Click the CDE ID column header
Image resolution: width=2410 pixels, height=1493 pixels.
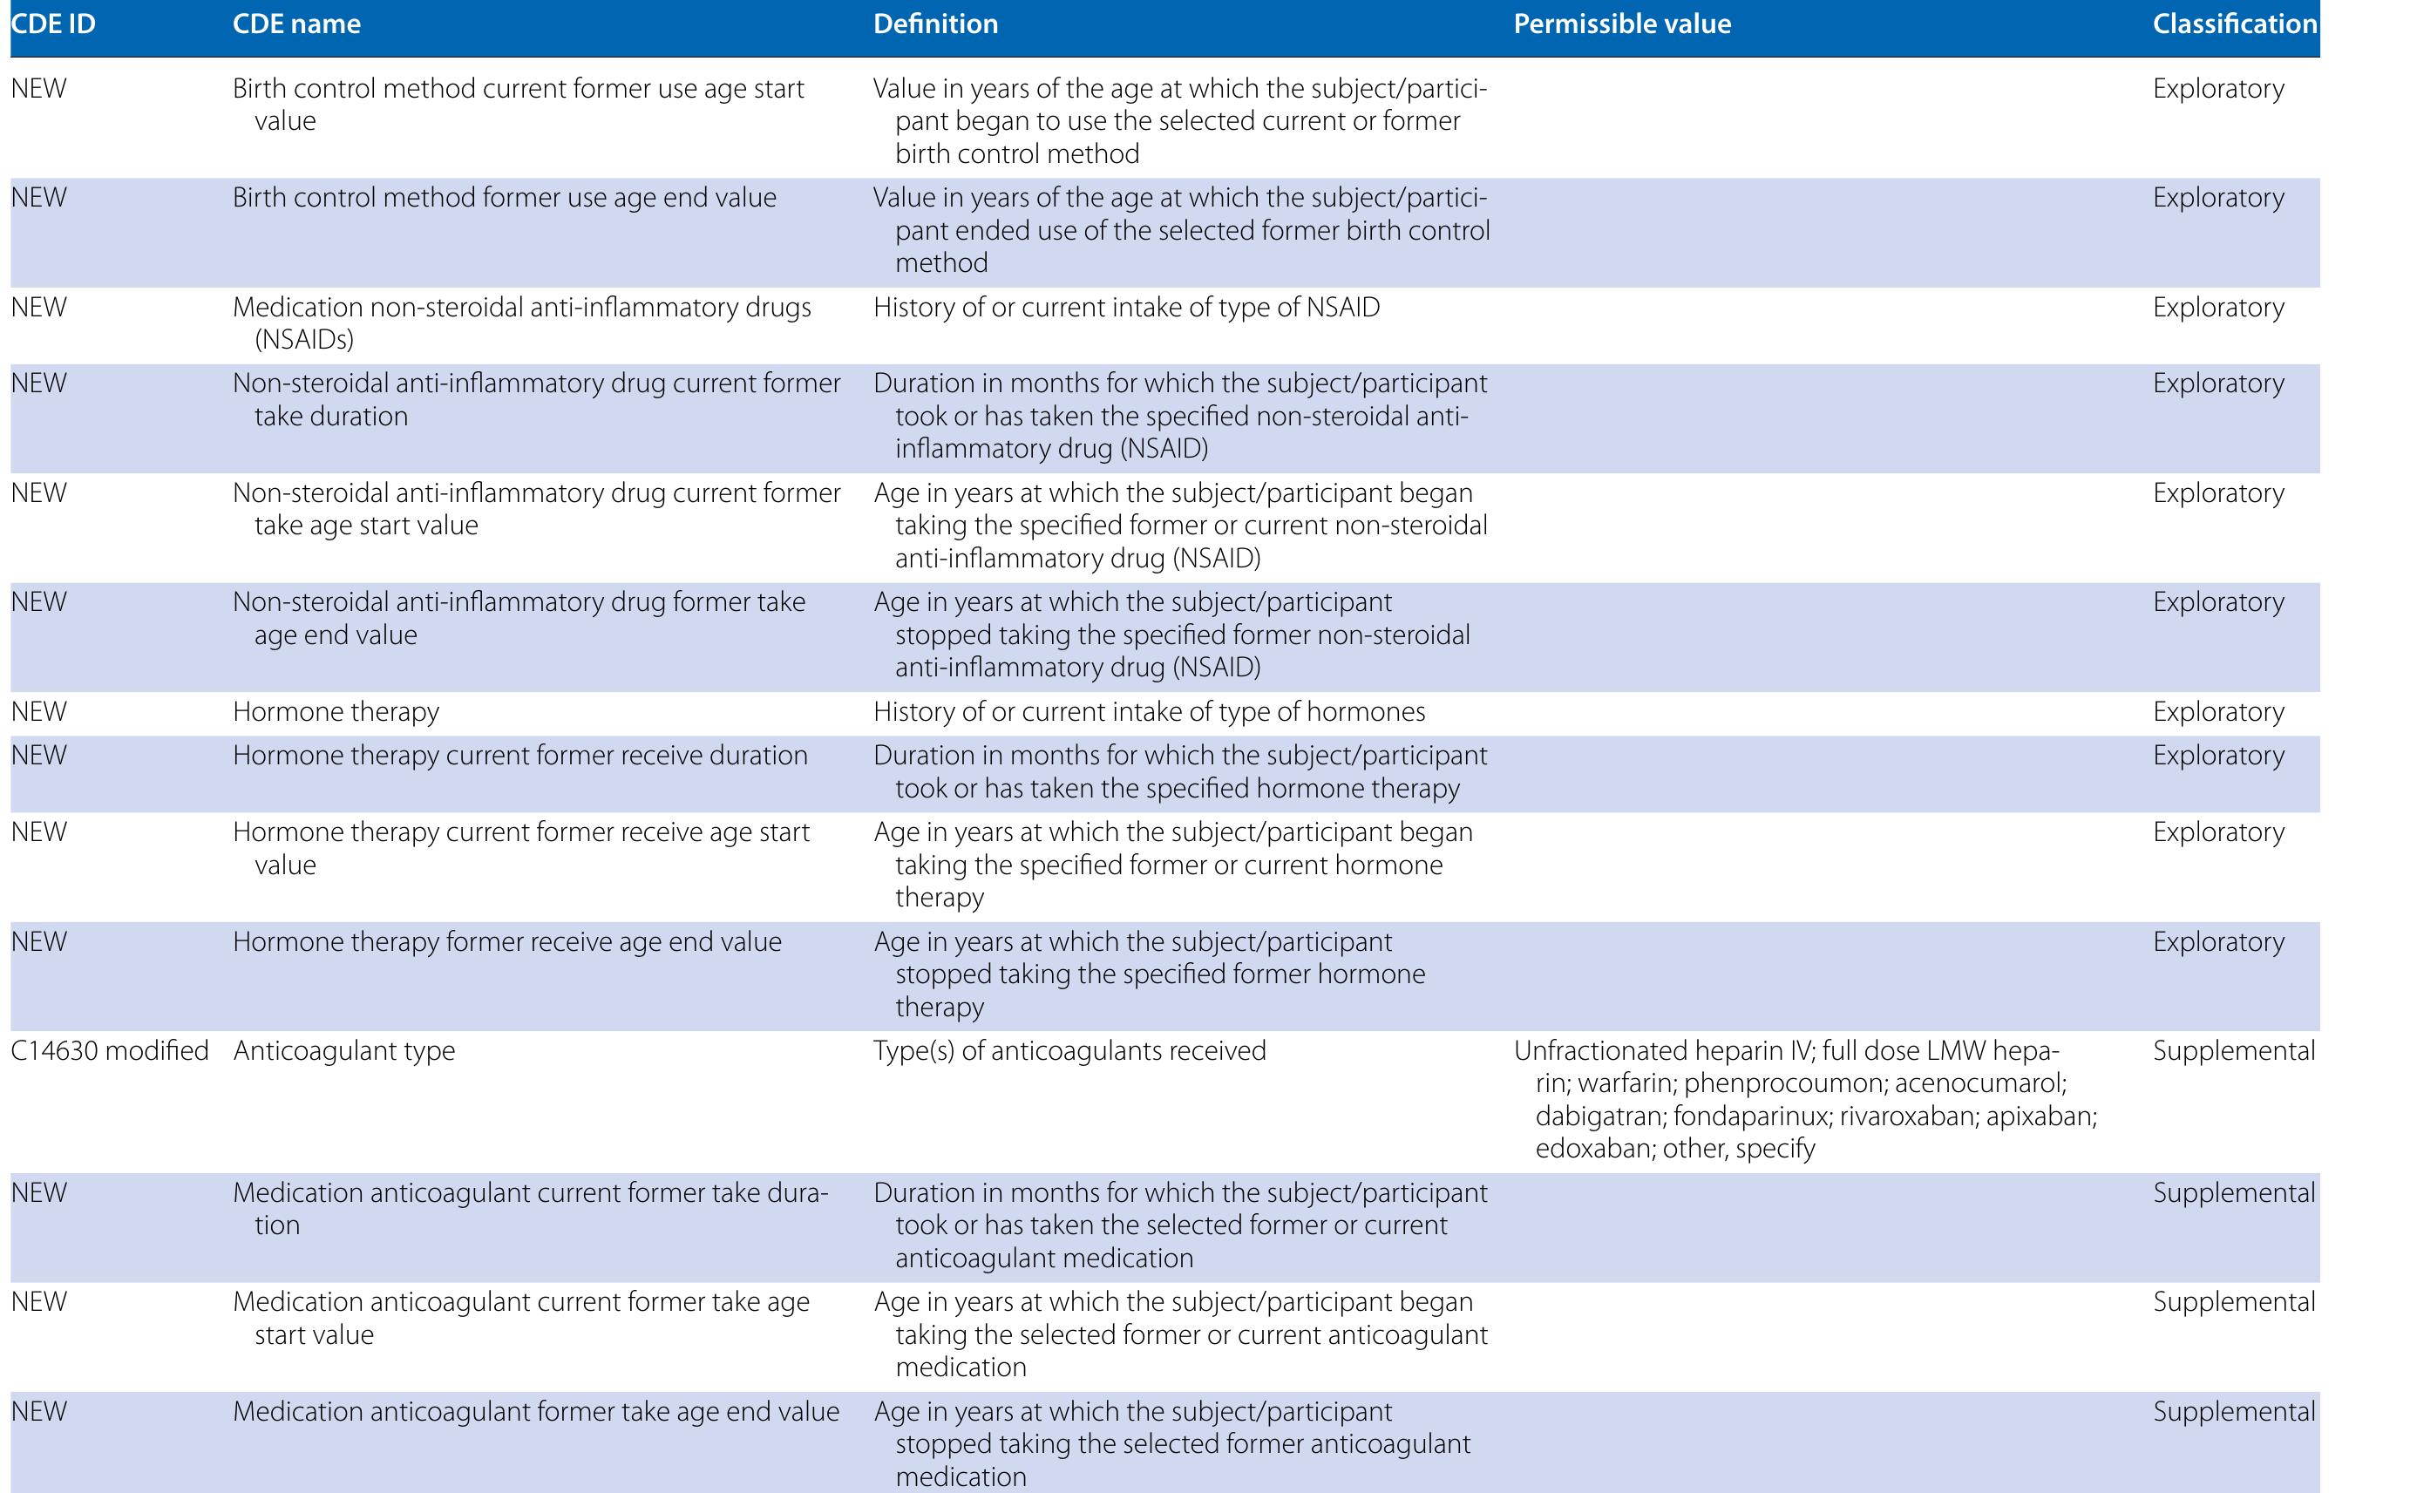coord(53,24)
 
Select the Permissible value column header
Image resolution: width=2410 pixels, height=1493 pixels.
coord(1621,24)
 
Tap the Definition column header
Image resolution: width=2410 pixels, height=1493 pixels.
coord(935,24)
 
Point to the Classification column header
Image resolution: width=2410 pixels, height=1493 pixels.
coord(2234,24)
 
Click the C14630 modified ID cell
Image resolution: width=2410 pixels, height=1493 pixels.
coord(110,1050)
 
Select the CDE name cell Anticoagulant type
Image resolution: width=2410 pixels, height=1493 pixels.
coord(343,1050)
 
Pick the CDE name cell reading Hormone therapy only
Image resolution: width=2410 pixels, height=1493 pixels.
coord(336,712)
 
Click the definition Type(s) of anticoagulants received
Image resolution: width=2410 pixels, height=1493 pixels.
coord(1069,1050)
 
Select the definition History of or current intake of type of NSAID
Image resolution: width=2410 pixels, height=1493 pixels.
coord(1126,307)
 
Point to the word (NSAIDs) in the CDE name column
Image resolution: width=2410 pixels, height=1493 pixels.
coord(304,340)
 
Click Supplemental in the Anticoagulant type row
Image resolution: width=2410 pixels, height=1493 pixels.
coord(2233,1050)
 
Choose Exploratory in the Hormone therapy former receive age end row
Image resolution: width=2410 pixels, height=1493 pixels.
coord(2218,942)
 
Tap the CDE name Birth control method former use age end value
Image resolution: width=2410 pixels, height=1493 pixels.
coord(505,198)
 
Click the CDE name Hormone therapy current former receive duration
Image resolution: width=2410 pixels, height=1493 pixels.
coord(520,756)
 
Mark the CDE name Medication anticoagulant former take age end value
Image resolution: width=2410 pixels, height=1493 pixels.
coord(536,1412)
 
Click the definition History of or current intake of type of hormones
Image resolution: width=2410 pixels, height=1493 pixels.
coord(1150,712)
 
